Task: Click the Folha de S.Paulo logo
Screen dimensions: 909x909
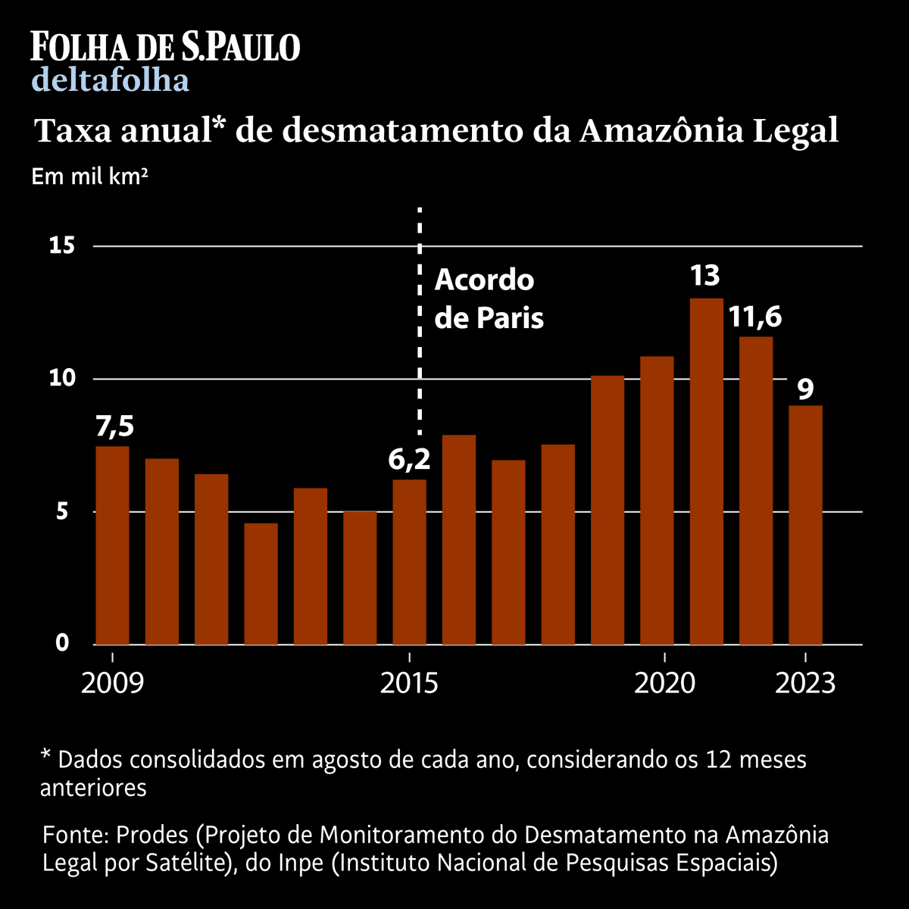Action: pos(165,46)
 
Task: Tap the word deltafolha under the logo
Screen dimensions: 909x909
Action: pos(111,80)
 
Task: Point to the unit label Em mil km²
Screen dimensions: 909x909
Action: pos(89,177)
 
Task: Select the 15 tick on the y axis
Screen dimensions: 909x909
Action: pos(60,245)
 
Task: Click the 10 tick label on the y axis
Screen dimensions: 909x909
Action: pos(60,378)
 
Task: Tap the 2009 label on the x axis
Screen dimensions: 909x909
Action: pos(112,683)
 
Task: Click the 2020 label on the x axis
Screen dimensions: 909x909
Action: pos(664,683)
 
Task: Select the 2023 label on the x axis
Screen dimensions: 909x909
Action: pos(805,683)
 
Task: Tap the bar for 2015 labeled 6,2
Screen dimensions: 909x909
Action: pos(409,561)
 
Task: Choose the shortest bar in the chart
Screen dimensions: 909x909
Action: pos(261,583)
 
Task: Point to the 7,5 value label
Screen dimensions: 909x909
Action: pos(114,426)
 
